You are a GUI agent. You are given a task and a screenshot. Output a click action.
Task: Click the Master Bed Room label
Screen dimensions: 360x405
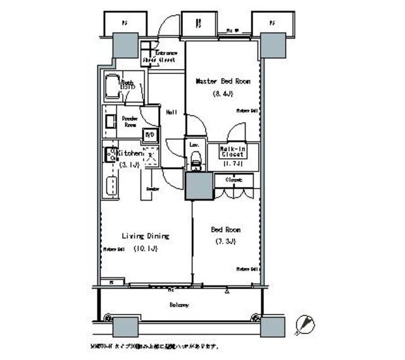[223, 82]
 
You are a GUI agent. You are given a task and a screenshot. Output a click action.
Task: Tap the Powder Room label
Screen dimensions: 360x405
[131, 121]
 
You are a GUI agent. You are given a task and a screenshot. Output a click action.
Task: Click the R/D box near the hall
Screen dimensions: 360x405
[150, 135]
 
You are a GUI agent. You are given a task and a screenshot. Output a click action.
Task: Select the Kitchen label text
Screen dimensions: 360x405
[130, 154]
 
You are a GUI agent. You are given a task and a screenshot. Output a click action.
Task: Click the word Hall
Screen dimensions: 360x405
[171, 112]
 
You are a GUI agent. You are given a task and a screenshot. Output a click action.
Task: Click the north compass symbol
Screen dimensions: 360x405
[308, 324]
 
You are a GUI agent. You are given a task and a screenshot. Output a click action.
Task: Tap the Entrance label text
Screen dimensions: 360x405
[167, 53]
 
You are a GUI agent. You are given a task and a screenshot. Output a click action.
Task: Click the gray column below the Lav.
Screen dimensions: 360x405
[198, 185]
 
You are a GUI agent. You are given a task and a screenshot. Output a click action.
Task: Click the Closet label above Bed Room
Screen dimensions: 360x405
[233, 180]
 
